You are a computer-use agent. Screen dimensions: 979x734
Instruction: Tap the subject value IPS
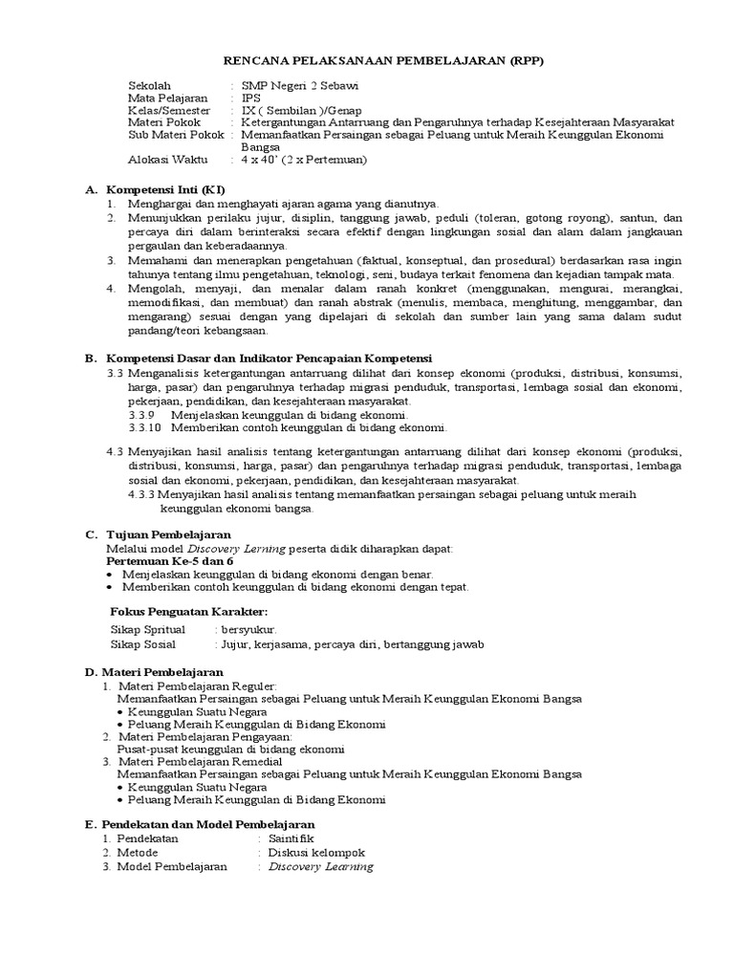[251, 98]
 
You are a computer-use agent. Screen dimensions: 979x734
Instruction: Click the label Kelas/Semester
[168, 110]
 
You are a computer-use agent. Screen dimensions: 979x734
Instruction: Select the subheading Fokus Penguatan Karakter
[189, 611]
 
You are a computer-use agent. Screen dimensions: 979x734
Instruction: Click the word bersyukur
[248, 630]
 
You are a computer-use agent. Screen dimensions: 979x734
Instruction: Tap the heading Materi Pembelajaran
[169, 673]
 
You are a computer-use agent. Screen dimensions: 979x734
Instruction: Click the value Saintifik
[292, 838]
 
